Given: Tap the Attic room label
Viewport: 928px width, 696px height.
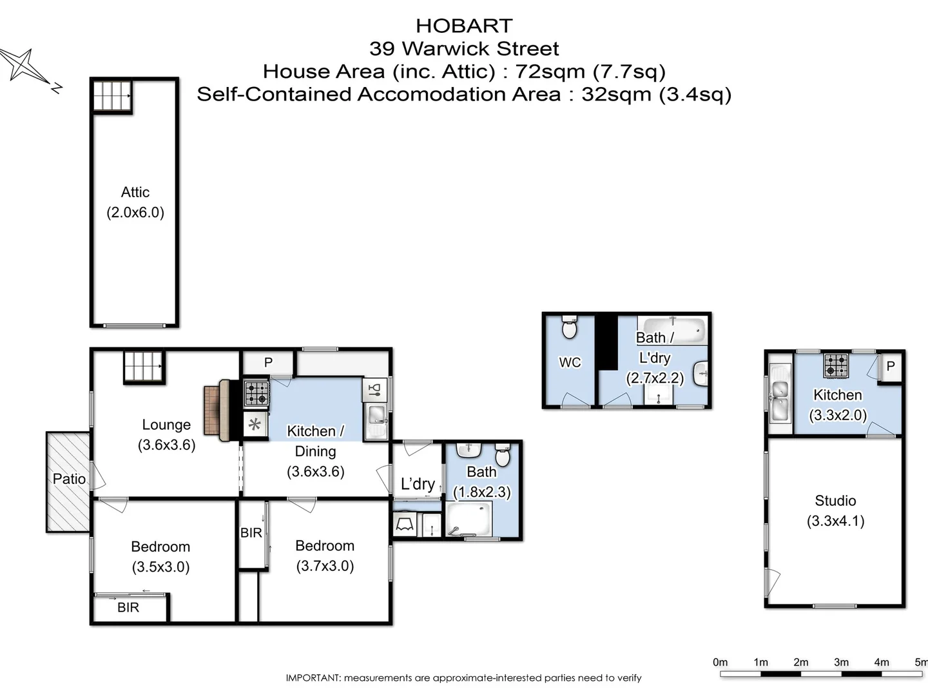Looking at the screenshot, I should pyautogui.click(x=135, y=192).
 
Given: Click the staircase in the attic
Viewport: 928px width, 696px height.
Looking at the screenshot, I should pyautogui.click(x=112, y=96).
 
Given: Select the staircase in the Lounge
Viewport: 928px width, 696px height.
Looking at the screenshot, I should pyautogui.click(x=144, y=367).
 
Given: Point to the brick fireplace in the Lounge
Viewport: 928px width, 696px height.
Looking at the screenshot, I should pyautogui.click(x=213, y=411).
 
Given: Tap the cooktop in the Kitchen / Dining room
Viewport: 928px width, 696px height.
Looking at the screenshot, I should pyautogui.click(x=256, y=394).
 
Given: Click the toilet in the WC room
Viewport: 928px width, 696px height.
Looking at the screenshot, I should pyautogui.click(x=569, y=328).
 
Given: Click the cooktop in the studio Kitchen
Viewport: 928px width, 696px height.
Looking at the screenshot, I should pyautogui.click(x=836, y=365).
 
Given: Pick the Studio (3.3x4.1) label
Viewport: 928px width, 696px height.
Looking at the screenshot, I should pyautogui.click(x=835, y=510).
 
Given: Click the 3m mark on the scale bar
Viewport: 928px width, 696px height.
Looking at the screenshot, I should pyautogui.click(x=841, y=663).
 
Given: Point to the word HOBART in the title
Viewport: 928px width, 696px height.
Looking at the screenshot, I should pyautogui.click(x=464, y=26).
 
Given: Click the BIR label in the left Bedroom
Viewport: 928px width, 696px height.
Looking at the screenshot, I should pyautogui.click(x=128, y=607).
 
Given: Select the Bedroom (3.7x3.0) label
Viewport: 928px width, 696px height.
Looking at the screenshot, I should pyautogui.click(x=325, y=556).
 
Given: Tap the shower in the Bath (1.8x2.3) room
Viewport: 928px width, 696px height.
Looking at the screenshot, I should pyautogui.click(x=469, y=519).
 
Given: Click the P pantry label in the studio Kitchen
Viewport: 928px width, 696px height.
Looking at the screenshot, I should pyautogui.click(x=891, y=366).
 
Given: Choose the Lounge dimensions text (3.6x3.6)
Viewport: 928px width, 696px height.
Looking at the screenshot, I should pyautogui.click(x=166, y=445).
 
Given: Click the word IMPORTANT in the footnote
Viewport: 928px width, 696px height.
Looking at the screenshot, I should pyautogui.click(x=313, y=678).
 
